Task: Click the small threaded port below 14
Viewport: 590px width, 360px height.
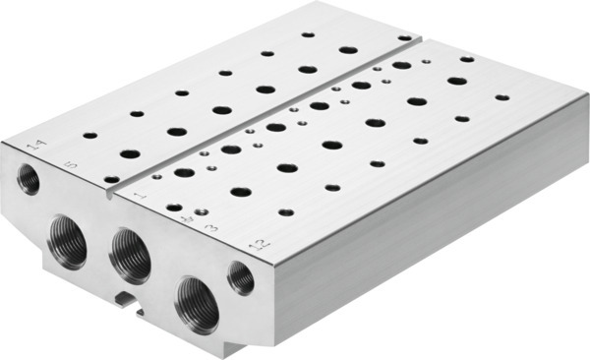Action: pos(29,179)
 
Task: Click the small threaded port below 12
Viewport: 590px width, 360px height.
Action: pos(241,278)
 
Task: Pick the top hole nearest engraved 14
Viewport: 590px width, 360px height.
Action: pos(89,135)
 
